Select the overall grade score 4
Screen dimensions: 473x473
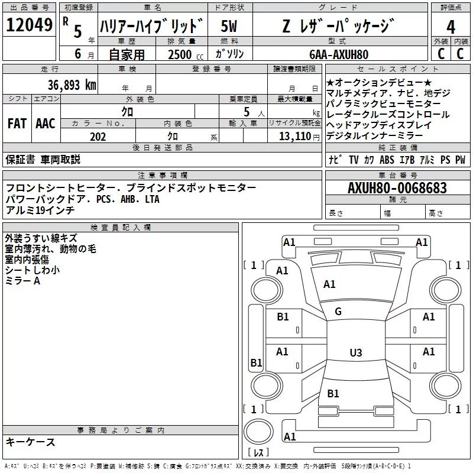point(451,27)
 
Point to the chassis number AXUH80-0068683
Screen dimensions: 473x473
point(397,188)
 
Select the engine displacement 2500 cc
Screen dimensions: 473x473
point(181,54)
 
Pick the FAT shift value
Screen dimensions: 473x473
point(17,124)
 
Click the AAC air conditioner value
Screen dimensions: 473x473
point(45,124)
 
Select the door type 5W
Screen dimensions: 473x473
point(229,27)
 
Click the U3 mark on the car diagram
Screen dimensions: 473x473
point(355,353)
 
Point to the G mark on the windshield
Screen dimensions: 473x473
point(338,312)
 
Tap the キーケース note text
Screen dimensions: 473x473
point(31,442)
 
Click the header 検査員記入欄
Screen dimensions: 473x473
point(121,228)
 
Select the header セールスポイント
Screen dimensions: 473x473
point(397,69)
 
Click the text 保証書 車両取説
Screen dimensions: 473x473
point(43,160)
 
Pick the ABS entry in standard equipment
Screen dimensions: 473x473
point(387,160)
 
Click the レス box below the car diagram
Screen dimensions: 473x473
point(258,453)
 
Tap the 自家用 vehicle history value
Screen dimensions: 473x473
point(127,54)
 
